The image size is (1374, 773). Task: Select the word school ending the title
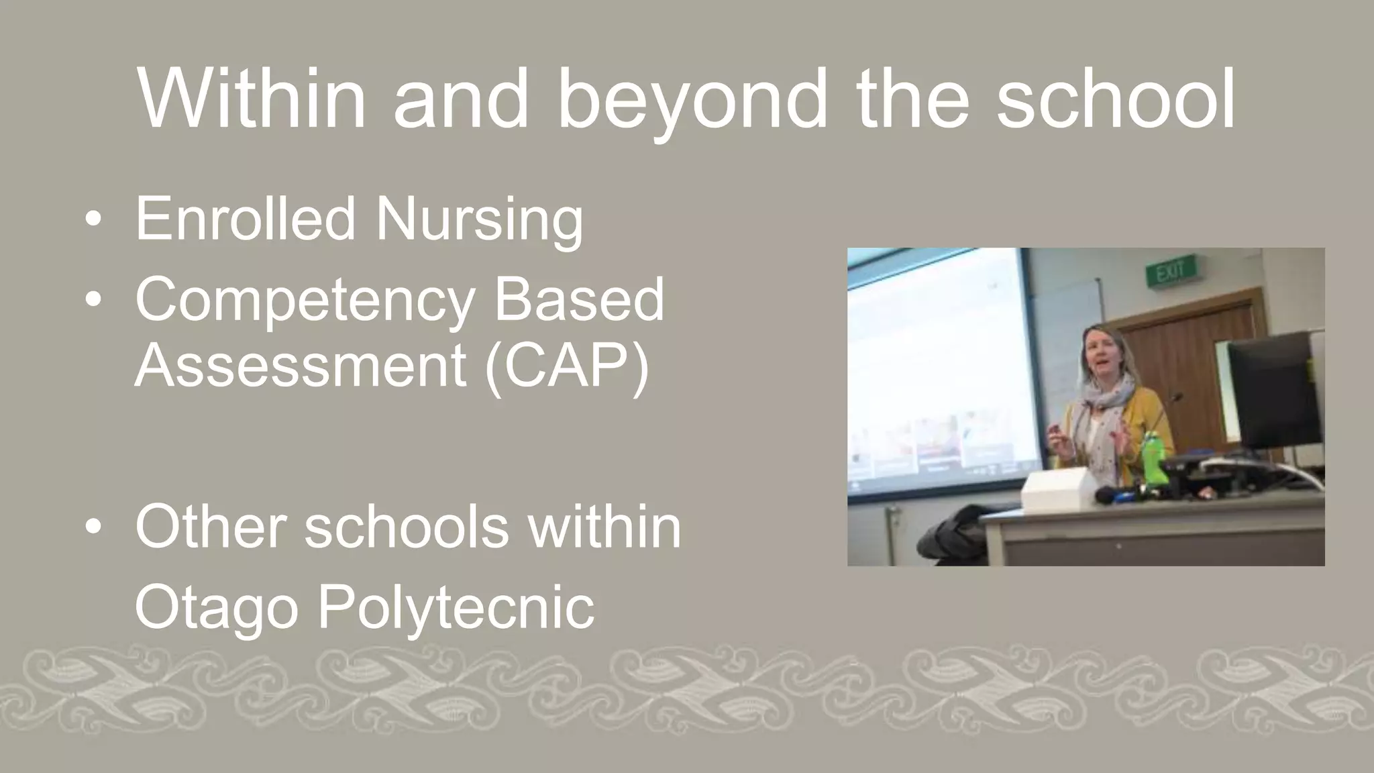tap(1115, 99)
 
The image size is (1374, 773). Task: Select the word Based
tap(578, 299)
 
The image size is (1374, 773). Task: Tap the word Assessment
tap(301, 366)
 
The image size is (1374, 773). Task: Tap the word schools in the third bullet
tap(406, 527)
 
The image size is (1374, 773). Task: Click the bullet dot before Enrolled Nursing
tap(94, 219)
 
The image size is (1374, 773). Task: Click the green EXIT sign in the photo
tap(1170, 272)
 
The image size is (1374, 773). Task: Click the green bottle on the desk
tap(1153, 458)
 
